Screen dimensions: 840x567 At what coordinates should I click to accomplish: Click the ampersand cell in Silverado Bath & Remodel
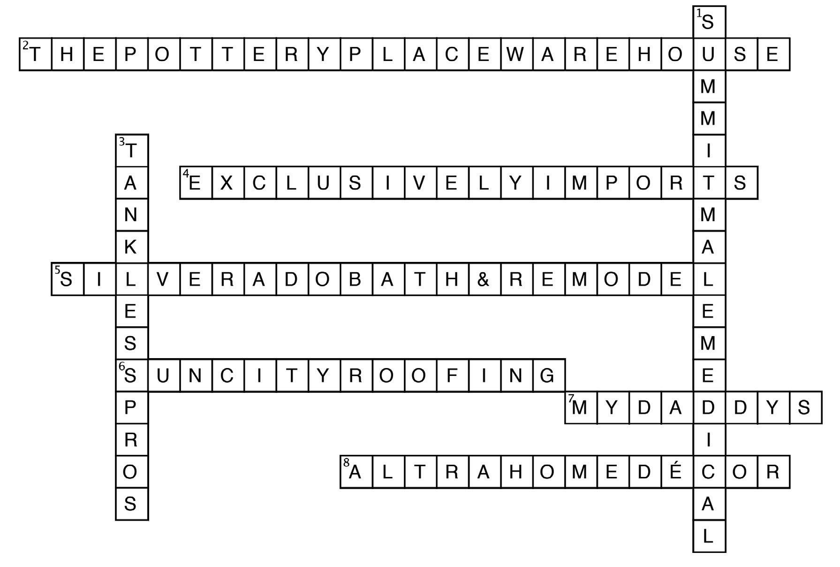click(484, 280)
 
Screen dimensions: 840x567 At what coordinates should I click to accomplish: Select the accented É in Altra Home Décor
click(676, 472)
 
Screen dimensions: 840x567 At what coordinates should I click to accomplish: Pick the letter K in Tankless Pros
click(130, 247)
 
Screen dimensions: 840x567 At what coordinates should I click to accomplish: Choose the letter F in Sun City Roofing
click(451, 375)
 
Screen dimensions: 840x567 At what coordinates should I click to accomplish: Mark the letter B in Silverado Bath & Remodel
click(355, 280)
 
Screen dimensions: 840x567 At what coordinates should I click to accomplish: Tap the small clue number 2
click(25, 45)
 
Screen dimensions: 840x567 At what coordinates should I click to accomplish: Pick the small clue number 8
click(346, 462)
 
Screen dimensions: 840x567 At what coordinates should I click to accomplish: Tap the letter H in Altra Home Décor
click(515, 472)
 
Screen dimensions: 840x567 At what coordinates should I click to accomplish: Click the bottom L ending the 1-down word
click(708, 536)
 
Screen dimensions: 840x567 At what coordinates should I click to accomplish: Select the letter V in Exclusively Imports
click(419, 183)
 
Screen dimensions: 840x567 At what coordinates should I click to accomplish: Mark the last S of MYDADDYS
click(804, 407)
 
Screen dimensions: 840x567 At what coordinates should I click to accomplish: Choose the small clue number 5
click(57, 270)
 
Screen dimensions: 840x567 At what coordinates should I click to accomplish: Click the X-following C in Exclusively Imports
click(259, 183)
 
